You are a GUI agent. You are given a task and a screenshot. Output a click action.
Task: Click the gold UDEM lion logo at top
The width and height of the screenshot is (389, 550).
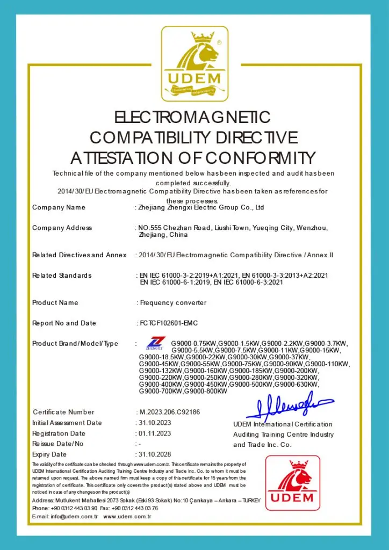(195, 63)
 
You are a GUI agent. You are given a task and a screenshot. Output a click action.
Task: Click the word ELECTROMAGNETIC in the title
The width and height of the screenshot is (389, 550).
(193, 117)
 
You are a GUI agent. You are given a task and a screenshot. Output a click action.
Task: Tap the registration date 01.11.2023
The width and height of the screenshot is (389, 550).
(155, 433)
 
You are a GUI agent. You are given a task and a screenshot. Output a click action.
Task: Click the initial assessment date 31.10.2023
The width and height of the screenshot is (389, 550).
(155, 423)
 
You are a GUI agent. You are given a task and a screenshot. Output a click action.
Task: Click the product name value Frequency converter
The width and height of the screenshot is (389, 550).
(173, 302)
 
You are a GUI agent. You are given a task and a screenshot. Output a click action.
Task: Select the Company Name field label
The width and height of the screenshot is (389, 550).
(59, 207)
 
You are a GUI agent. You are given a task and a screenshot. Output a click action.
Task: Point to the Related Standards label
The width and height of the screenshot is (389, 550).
(62, 276)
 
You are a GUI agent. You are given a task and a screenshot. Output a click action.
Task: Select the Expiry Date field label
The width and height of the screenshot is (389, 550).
(49, 455)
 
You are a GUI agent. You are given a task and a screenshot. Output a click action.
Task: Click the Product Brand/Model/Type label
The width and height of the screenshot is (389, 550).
(75, 344)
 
